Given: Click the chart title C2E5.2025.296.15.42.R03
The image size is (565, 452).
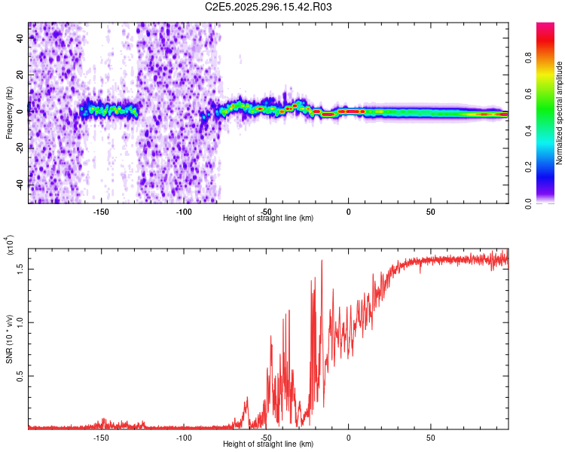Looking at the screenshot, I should [x=269, y=8].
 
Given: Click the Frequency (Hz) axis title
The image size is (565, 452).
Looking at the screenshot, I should [x=9, y=113].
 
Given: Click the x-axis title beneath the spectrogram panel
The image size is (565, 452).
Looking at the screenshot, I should [x=268, y=218].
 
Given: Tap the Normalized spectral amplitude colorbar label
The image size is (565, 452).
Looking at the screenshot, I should [x=559, y=113].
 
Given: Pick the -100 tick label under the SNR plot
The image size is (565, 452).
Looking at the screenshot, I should [x=183, y=437].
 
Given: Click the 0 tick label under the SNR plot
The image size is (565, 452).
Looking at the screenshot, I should [x=348, y=437].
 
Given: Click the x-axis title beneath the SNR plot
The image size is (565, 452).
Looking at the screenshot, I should [x=268, y=444].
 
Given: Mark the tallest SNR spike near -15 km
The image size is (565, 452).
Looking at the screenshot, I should [x=322, y=261].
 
